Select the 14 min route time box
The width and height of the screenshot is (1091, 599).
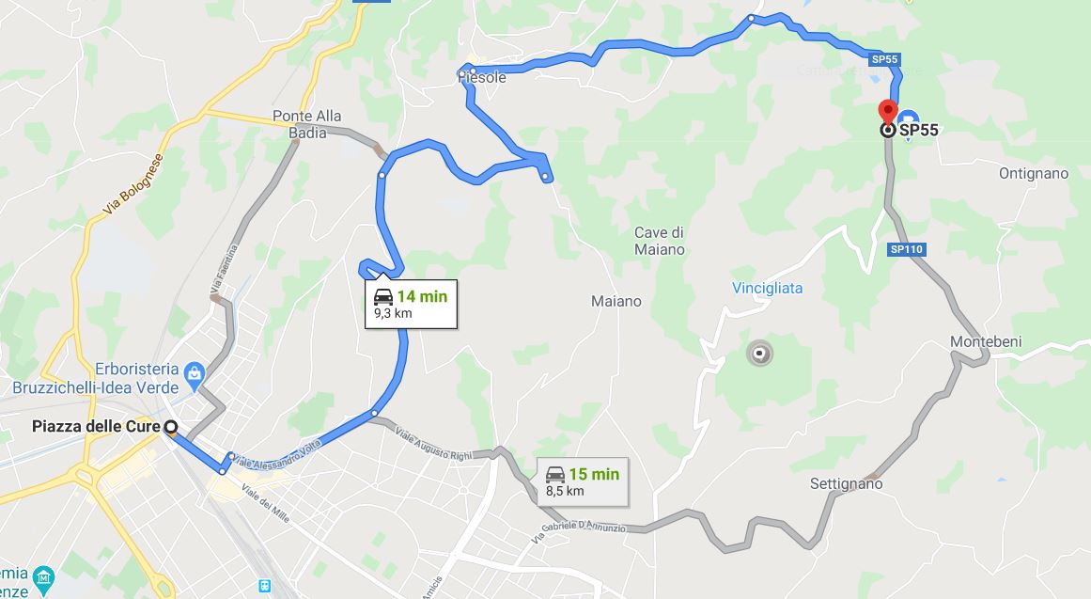411,303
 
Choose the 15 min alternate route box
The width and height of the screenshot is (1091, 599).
583,481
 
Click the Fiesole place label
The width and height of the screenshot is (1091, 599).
482,77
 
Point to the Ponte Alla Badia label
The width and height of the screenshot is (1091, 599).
306,124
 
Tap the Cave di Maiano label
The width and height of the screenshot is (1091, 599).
659,241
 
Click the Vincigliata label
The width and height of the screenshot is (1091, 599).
768,288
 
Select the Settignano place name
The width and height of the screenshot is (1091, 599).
846,483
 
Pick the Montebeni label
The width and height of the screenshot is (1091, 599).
986,341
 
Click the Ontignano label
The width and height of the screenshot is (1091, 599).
1034,173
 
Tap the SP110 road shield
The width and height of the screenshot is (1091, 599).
907,249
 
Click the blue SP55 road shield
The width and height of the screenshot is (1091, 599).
884,59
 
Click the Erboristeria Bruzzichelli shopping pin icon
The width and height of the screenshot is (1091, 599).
195,373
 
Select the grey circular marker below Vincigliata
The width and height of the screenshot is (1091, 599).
759,354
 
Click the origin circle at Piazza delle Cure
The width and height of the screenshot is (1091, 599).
171,428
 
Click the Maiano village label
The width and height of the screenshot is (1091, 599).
616,301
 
